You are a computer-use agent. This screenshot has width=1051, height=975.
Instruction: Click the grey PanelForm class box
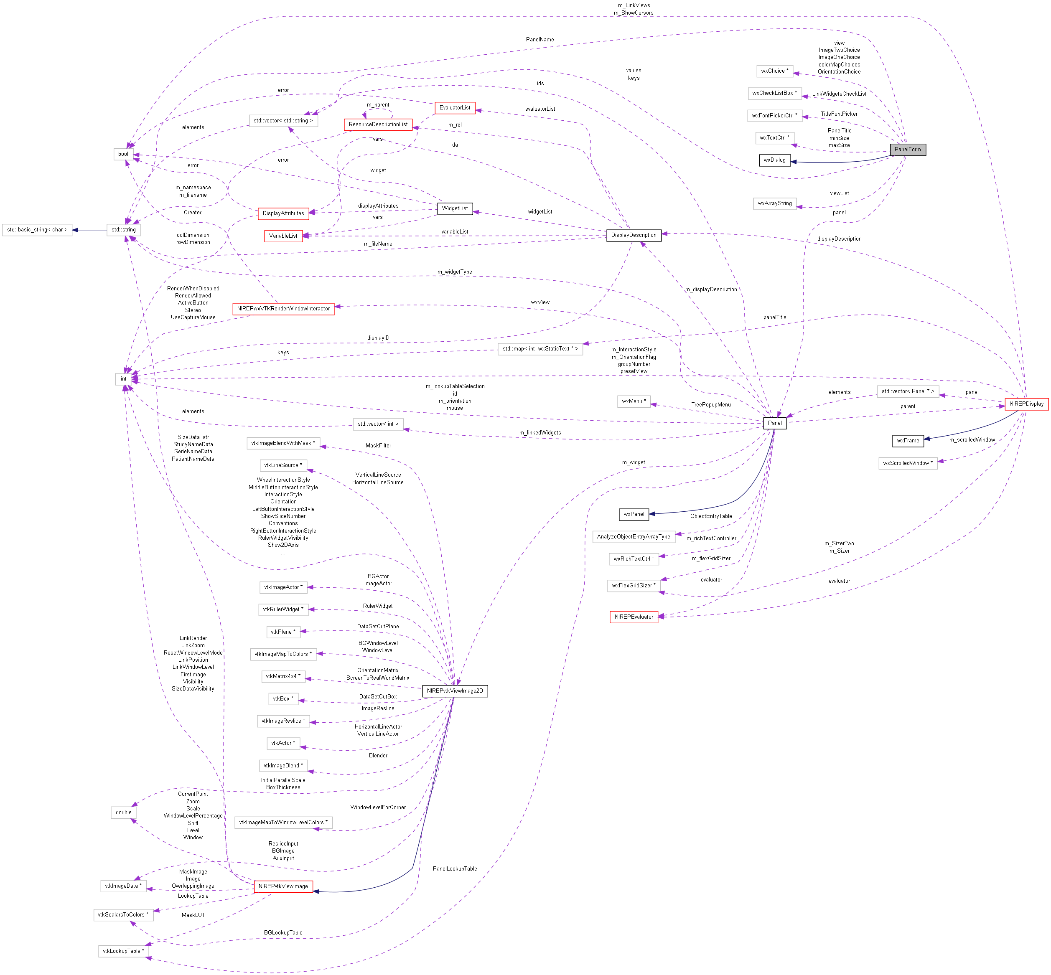(x=907, y=149)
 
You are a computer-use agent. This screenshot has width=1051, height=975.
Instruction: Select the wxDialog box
(x=774, y=160)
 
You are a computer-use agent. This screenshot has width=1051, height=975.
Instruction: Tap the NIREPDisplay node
(x=1026, y=404)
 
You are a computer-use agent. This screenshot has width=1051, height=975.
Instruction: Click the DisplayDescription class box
(x=634, y=235)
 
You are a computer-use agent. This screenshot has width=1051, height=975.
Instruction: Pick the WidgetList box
(x=455, y=208)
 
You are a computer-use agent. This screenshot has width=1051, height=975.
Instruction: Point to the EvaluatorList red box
(x=455, y=108)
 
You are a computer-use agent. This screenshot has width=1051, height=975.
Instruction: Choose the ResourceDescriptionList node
(x=378, y=124)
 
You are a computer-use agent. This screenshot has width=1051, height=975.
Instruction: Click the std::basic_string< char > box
(x=37, y=230)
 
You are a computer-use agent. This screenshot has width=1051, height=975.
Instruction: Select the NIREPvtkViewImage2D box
(x=455, y=691)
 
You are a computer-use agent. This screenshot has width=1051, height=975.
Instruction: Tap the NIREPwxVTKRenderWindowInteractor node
(x=283, y=309)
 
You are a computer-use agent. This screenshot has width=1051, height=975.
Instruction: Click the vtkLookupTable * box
(x=124, y=951)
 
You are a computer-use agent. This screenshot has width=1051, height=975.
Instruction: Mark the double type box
(x=124, y=812)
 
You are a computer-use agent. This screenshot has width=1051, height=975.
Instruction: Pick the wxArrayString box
(x=774, y=204)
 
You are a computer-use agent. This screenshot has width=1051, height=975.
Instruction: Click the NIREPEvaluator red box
(x=634, y=617)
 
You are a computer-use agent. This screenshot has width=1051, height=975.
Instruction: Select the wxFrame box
(x=907, y=441)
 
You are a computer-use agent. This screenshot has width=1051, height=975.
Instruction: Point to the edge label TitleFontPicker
(x=839, y=114)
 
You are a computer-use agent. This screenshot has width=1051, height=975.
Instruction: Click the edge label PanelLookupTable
(x=455, y=869)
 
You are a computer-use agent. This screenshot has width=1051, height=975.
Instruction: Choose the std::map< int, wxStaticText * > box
(x=540, y=349)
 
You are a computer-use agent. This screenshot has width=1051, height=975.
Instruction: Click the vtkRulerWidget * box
(x=283, y=609)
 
